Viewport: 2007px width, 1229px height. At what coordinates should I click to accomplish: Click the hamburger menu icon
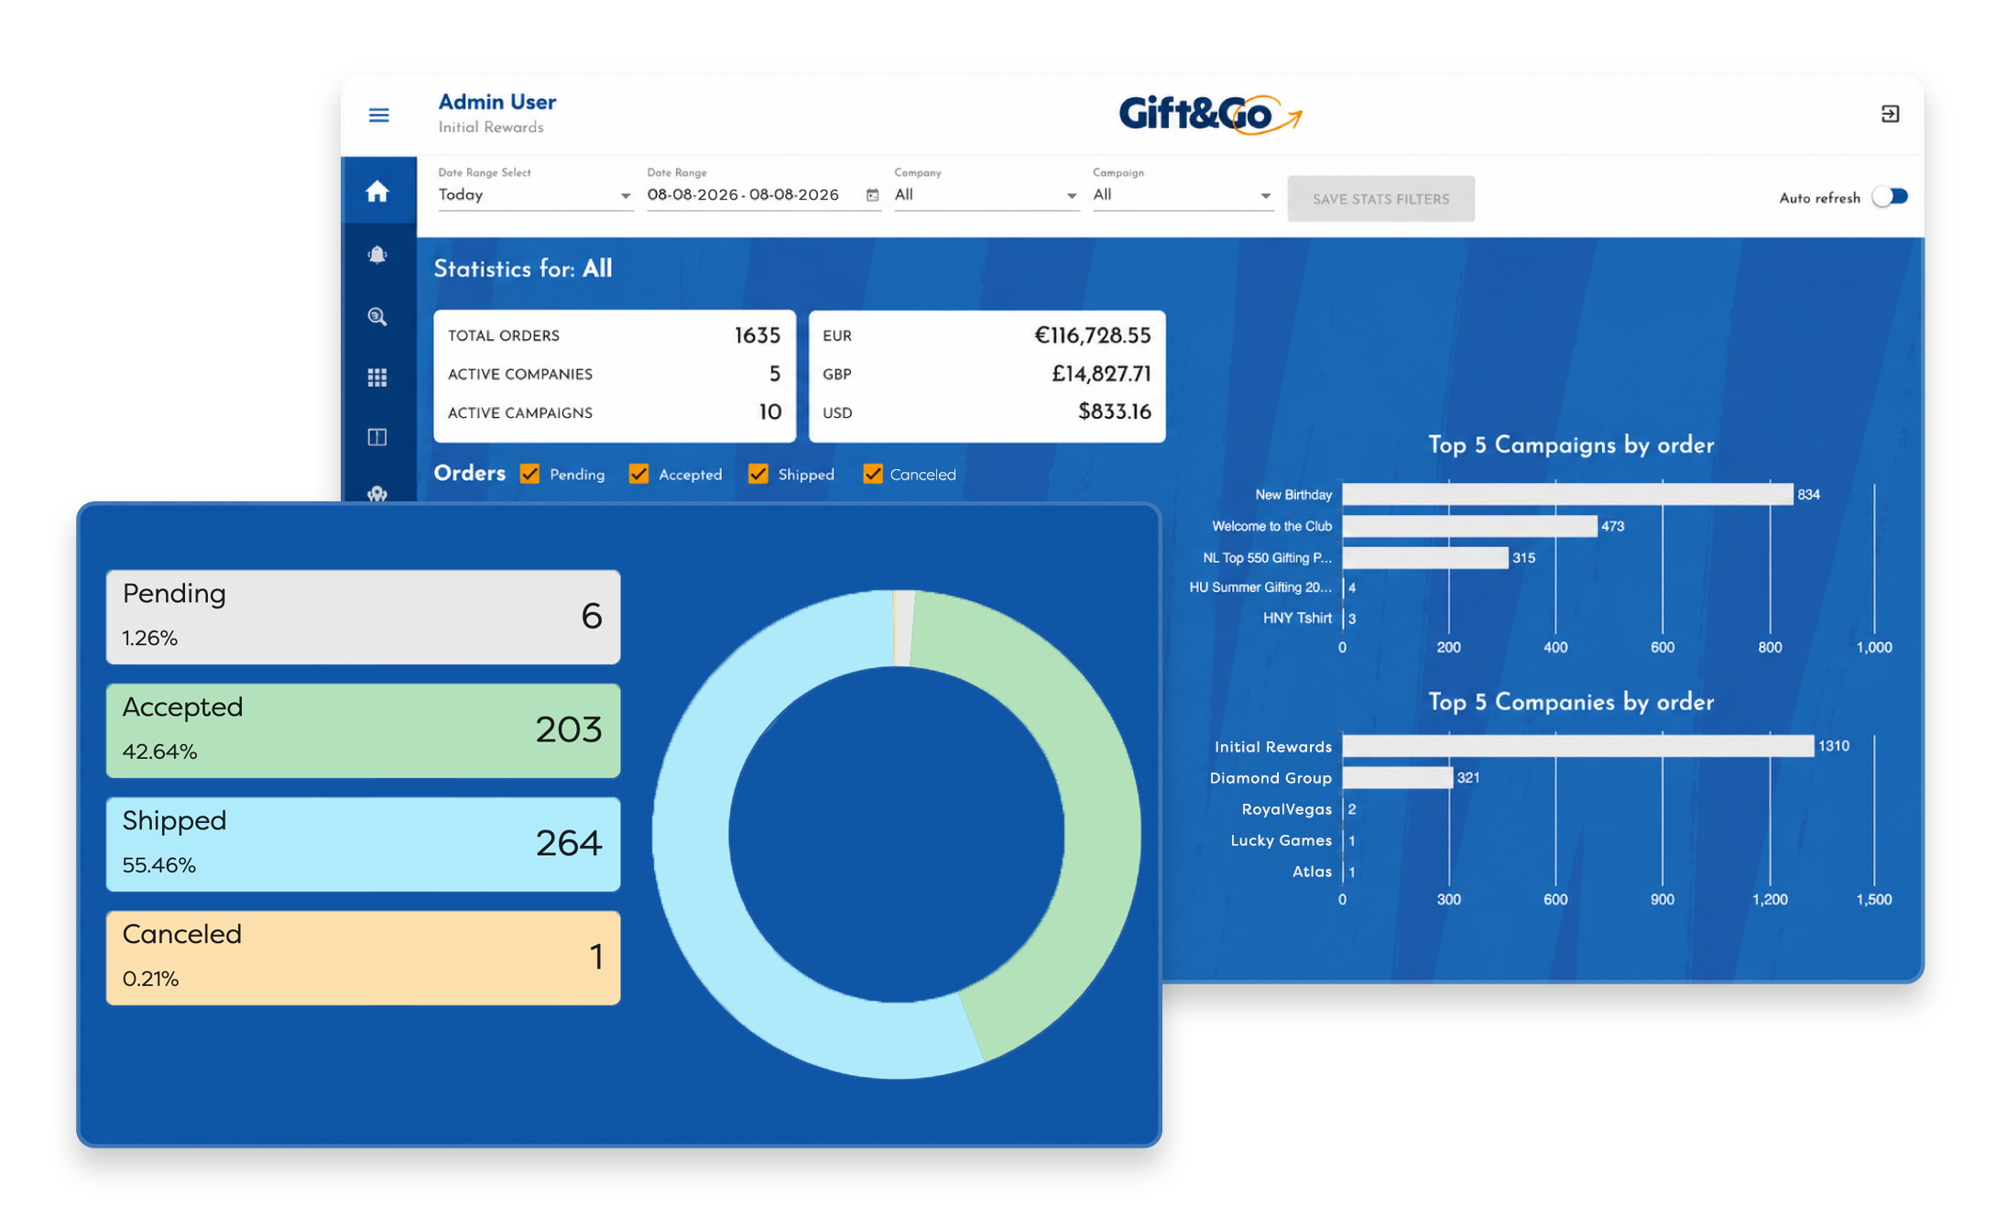(378, 115)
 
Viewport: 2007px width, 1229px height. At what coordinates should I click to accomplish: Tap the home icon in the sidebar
(377, 192)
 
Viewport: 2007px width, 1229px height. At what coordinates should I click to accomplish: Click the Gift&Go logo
(1209, 115)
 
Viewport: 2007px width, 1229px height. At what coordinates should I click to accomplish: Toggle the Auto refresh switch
(1889, 197)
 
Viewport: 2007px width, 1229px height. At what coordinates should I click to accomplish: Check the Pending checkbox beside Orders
(529, 474)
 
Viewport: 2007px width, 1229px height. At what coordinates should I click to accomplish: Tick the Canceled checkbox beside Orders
(872, 474)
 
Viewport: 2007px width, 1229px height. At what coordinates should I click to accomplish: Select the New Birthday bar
(1567, 495)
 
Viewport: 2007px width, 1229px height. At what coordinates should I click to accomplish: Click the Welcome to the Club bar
(1470, 526)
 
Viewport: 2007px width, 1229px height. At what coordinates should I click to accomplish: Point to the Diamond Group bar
(1398, 778)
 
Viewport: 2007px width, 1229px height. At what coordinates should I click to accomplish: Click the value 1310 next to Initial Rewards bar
(1834, 746)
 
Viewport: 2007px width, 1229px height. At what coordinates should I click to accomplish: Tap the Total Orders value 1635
(758, 335)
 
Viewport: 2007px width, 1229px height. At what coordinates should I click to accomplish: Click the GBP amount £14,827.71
(1101, 374)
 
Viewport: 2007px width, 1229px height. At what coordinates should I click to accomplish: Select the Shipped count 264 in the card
(569, 843)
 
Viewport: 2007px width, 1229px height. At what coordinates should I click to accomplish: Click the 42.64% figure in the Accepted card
(159, 752)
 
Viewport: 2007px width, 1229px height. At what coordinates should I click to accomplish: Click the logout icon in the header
(1890, 114)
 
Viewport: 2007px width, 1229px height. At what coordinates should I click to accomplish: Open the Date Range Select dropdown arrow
(625, 196)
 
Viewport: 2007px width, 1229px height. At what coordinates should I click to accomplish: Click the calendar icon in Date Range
(872, 195)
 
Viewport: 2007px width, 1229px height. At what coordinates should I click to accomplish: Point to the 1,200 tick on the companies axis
(1769, 900)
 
